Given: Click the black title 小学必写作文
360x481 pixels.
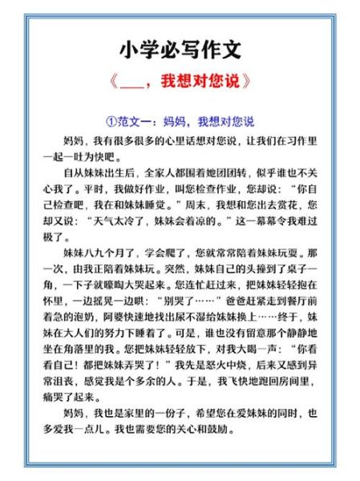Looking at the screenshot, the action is click(180, 50).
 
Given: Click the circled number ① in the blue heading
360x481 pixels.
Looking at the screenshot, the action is click(111, 122).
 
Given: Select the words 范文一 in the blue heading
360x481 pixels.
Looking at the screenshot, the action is click(136, 122).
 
